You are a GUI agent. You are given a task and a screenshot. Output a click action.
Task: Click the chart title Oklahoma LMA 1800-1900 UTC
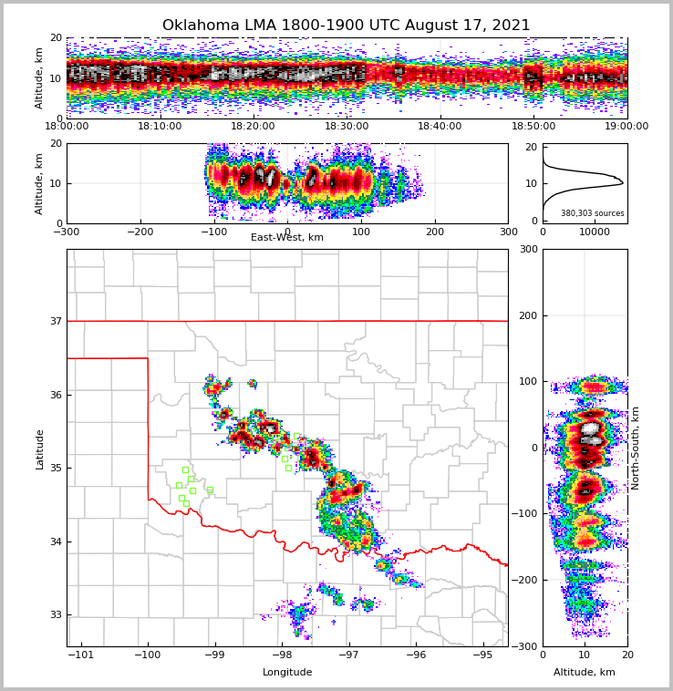tap(346, 26)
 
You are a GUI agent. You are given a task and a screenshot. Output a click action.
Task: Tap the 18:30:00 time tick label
tap(347, 127)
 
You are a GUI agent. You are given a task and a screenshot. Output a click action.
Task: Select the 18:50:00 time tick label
tap(533, 127)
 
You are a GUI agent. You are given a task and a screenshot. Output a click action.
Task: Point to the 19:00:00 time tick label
tap(626, 127)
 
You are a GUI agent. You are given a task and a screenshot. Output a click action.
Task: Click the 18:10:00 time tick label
tap(160, 127)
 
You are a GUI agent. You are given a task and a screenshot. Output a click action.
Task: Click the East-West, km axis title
tap(287, 238)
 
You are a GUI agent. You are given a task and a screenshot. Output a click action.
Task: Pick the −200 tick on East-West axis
tap(140, 232)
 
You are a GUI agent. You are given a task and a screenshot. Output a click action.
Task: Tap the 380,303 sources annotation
tap(592, 213)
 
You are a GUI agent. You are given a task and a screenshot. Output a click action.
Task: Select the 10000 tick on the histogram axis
tap(595, 232)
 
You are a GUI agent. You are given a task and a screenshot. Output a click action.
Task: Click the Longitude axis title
tap(287, 673)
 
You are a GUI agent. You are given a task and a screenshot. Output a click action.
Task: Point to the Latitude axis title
tap(39, 449)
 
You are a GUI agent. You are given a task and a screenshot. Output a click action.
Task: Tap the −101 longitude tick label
tap(81, 655)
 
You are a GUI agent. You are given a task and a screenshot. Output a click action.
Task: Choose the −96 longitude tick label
tap(416, 655)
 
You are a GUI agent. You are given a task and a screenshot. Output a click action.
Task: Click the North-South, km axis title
tap(636, 448)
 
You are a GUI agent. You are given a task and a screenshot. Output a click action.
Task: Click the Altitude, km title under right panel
tap(585, 673)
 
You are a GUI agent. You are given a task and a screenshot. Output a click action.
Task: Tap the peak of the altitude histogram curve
tap(623, 183)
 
